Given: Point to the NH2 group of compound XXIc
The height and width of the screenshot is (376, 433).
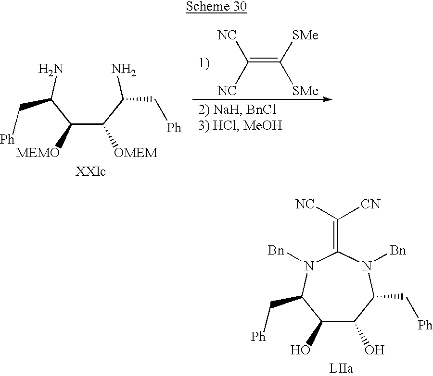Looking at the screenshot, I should pyautogui.click(x=124, y=71).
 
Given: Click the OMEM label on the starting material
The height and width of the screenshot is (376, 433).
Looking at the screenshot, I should pyautogui.click(x=136, y=153).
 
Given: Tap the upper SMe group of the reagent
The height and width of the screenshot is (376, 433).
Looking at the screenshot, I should pyautogui.click(x=305, y=36).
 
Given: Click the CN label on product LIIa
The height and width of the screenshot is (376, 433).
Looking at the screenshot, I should pyautogui.click(x=370, y=205).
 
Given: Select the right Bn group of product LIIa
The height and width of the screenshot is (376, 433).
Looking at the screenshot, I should pyautogui.click(x=397, y=250).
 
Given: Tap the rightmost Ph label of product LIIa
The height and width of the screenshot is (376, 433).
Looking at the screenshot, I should pyautogui.click(x=424, y=326).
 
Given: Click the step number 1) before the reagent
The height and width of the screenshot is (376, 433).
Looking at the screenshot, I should pyautogui.click(x=204, y=63).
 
